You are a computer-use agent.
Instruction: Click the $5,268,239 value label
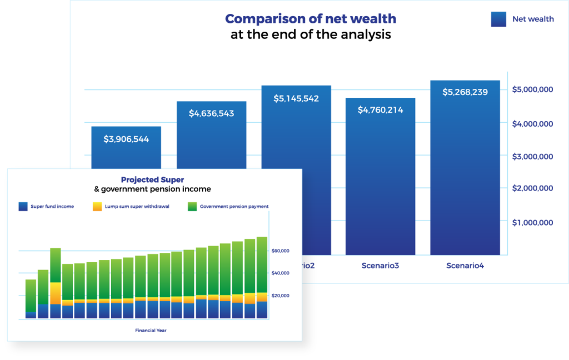465,92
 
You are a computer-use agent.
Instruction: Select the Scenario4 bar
465,178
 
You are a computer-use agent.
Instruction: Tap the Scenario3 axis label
381,266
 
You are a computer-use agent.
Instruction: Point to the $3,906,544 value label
126,139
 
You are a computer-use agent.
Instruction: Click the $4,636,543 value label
211,114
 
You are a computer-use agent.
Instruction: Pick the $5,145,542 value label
296,99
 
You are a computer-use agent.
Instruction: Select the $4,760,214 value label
381,110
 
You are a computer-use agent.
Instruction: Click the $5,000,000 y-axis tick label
532,89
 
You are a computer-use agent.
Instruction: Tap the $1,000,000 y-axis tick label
532,223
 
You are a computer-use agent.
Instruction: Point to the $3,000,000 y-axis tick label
532,157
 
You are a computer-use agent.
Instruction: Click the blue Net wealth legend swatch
498,19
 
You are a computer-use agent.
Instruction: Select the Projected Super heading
152,180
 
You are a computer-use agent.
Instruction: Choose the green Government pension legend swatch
192,207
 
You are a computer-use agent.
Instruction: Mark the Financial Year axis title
151,331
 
